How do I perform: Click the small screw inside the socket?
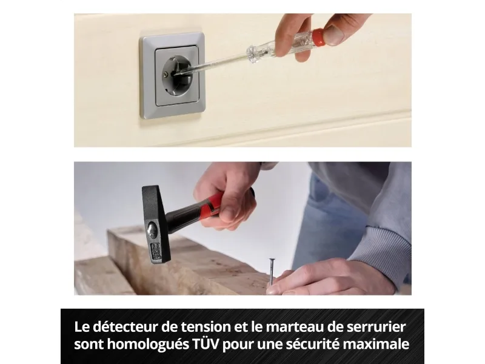(x=167, y=74)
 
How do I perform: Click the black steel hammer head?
(x=156, y=223)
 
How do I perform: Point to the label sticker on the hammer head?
(x=156, y=251)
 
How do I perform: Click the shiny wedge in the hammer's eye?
(x=153, y=229)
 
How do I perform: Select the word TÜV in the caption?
(x=206, y=344)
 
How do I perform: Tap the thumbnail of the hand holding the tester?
(x=333, y=35)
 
